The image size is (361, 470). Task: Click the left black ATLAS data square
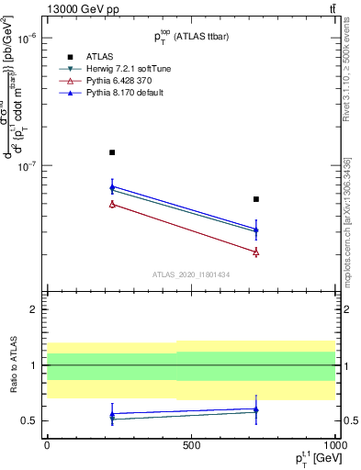112,152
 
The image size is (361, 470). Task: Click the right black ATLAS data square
256,199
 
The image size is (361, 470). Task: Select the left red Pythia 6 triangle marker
112,204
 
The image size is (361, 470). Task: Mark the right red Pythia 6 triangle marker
256,252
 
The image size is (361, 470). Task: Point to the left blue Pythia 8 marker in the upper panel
112,187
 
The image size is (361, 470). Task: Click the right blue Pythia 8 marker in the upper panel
256,230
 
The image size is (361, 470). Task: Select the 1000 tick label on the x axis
333,444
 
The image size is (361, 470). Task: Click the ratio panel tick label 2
34,309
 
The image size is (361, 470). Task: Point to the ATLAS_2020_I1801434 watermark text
190,274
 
